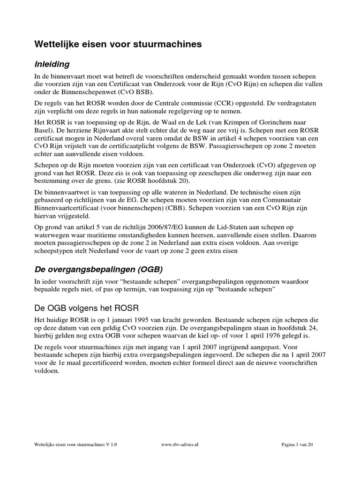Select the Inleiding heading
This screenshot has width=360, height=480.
(52, 64)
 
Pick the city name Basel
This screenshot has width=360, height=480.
(43, 131)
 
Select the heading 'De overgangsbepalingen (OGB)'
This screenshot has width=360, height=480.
(98, 270)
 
